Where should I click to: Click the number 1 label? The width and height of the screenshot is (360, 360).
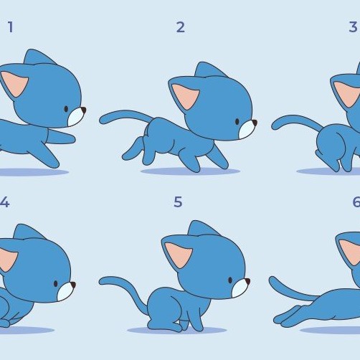(10, 27)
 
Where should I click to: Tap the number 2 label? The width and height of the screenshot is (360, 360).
(181, 27)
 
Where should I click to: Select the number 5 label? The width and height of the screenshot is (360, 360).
(178, 202)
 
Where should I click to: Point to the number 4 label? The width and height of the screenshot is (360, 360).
(4, 202)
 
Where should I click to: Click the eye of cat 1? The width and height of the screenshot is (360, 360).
(66, 109)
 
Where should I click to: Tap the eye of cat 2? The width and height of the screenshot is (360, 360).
(237, 122)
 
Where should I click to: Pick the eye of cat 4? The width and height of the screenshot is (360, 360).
(56, 284)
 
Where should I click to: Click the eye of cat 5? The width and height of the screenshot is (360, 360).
(230, 280)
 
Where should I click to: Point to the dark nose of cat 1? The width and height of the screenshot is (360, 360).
(83, 110)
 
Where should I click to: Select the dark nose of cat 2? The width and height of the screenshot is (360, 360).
(255, 123)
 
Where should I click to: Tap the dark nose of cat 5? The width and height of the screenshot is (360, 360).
(247, 281)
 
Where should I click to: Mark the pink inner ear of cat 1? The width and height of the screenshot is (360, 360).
(14, 84)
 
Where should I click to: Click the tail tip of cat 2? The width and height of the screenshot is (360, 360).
(102, 120)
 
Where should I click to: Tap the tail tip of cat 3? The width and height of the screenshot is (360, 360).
(274, 125)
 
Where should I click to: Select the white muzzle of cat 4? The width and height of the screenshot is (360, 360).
(65, 291)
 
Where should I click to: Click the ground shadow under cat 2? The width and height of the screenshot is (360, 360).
(190, 171)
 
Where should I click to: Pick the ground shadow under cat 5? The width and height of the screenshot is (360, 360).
(177, 331)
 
